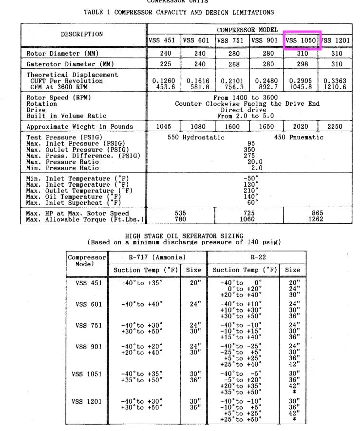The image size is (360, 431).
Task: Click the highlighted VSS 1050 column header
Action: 301,40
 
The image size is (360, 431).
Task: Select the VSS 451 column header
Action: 164,40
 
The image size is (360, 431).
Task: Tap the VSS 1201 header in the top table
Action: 336,40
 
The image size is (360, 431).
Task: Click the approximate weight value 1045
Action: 164,126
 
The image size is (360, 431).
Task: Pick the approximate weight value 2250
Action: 335,126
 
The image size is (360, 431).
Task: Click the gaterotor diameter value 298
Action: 301,64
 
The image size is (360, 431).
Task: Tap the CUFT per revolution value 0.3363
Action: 335,81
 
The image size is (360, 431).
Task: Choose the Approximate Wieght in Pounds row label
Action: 79,126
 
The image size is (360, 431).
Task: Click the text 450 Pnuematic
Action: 299,137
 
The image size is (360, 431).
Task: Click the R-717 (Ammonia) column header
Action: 157,257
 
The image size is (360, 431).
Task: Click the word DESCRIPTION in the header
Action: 82,34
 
